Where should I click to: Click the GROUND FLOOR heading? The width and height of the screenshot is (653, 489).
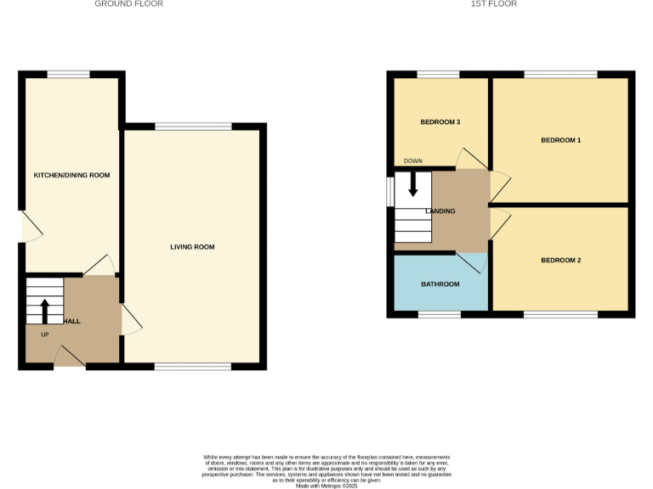[128, 4]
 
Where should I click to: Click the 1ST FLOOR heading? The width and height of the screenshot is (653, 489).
[494, 4]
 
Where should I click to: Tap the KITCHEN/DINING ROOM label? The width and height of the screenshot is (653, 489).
[71, 176]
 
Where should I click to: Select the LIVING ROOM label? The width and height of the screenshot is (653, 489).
[192, 248]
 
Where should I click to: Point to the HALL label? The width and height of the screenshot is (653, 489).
[72, 322]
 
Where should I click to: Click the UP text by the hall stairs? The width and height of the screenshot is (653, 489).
[33, 334]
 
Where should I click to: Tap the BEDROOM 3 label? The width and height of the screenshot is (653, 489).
[440, 122]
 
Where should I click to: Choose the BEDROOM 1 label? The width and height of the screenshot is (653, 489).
[561, 140]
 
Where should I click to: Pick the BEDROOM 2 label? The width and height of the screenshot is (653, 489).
[561, 261]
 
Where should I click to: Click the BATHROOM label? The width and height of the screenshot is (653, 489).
[440, 284]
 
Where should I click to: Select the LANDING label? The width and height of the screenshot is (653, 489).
[440, 211]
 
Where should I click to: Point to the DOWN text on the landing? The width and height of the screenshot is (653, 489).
[413, 161]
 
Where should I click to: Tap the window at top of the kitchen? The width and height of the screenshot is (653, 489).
[68, 75]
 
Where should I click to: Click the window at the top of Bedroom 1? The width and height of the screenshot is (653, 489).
[560, 75]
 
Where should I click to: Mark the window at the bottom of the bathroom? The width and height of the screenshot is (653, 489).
[440, 315]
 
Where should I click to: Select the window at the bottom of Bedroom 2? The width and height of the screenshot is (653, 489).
[560, 315]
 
